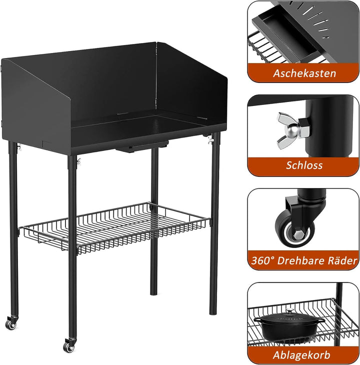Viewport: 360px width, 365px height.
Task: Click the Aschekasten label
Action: [304, 73]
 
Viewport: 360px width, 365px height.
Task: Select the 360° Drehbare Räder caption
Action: [304, 260]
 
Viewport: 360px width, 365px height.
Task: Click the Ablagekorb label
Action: [304, 355]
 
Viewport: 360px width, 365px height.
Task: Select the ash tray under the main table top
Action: [135, 149]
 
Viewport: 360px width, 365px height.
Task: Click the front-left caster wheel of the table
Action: [11, 324]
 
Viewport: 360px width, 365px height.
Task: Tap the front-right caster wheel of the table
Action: [68, 345]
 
